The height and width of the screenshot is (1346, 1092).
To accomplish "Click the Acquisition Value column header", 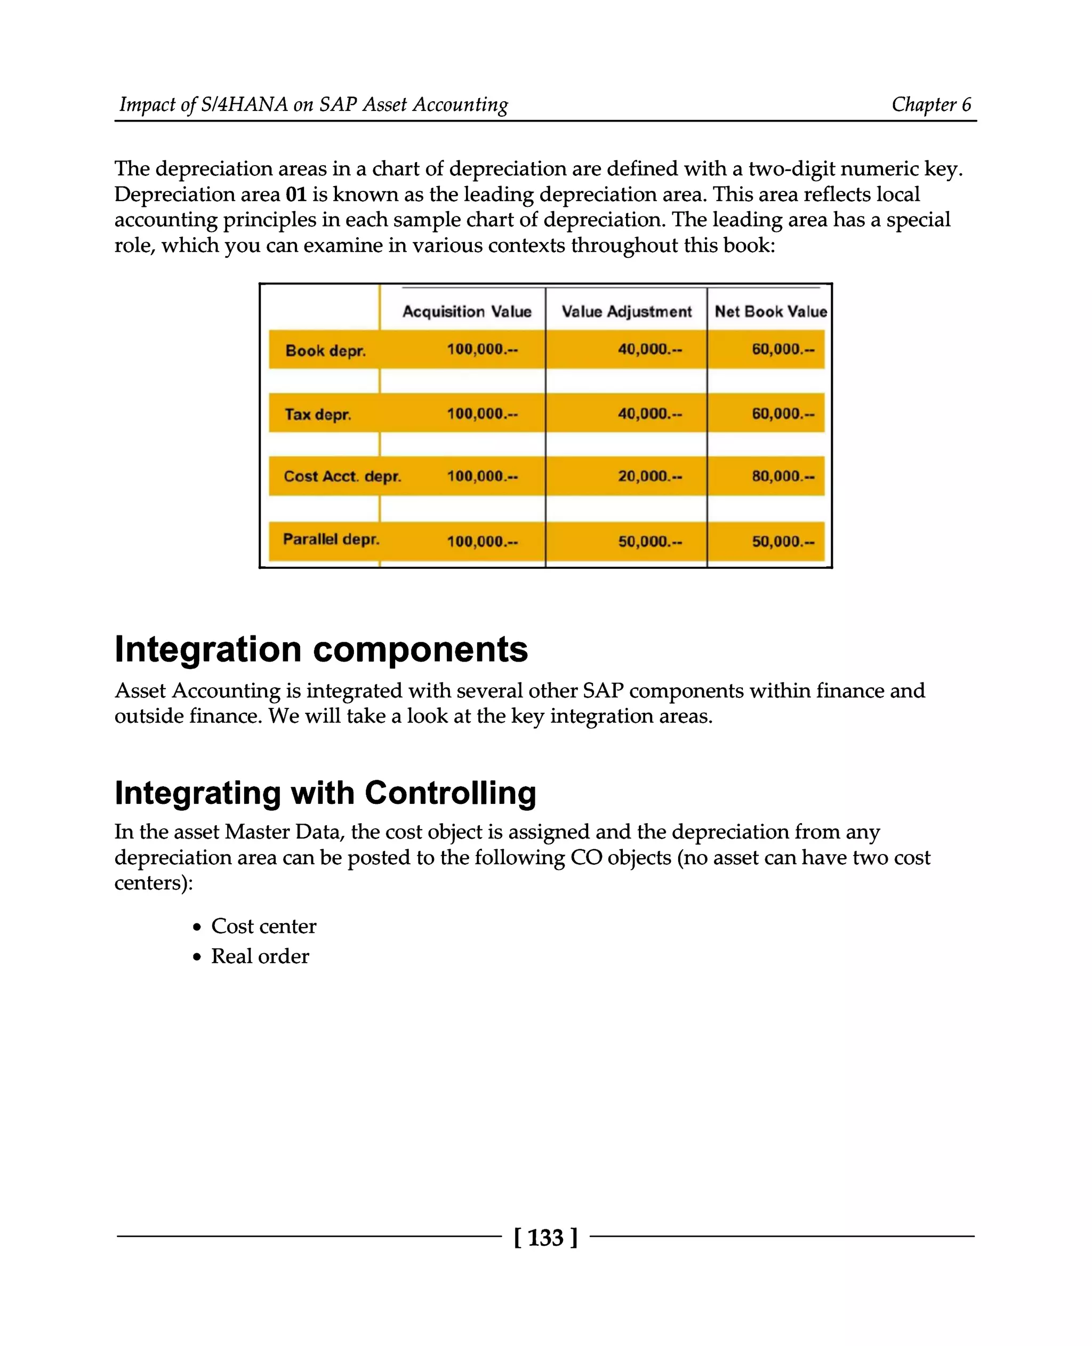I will tap(467, 311).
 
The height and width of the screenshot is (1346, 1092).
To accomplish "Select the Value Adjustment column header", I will tap(626, 311).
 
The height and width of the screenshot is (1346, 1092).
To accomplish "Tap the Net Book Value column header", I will tap(770, 311).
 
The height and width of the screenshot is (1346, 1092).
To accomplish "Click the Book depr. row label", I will tap(325, 350).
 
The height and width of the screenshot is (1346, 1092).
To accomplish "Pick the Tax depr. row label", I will tap(318, 414).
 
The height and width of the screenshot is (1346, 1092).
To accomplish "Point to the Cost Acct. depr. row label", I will tap(342, 476).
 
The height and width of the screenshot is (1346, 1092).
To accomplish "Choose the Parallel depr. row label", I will tap(331, 539).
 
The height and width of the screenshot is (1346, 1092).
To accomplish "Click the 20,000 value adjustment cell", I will tap(649, 476).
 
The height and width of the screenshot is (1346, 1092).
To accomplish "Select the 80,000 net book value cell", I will tap(783, 476).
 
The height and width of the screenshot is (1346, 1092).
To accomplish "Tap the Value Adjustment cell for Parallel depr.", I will tap(649, 541).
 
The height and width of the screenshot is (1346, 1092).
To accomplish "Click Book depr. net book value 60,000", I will tap(783, 349).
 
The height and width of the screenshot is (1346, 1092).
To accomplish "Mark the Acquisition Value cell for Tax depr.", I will tap(482, 414).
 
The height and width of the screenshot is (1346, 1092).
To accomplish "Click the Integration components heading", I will tap(321, 649).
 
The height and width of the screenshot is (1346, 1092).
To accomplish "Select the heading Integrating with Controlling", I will tap(325, 793).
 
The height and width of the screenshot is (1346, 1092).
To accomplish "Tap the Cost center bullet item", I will tap(263, 926).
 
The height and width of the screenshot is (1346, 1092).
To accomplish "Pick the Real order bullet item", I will tap(260, 956).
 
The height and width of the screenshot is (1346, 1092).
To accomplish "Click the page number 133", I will tap(545, 1237).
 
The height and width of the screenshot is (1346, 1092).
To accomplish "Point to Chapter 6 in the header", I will tap(931, 104).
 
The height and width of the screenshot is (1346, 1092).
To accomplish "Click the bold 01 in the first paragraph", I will tap(295, 195).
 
